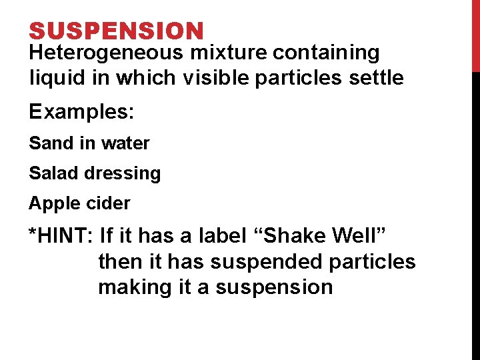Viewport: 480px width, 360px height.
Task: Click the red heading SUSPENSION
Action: [116, 31]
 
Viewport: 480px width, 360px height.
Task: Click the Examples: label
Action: [81, 111]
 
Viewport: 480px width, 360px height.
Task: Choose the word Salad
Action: [49, 173]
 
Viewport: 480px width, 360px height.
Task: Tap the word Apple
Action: [49, 203]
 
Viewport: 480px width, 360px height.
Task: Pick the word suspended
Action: [267, 262]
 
